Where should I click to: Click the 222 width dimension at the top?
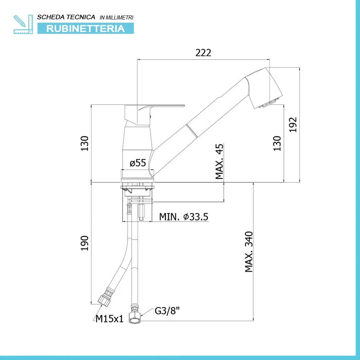click(203, 53)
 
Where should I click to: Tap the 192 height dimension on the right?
click(293, 124)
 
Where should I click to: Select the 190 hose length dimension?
click(84, 243)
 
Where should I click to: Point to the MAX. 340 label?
click(249, 251)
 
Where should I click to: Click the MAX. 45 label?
click(219, 161)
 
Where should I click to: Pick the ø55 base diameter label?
click(138, 163)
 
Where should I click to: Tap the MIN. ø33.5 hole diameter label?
click(184, 217)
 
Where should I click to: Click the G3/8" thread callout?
click(167, 311)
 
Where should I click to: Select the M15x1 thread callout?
click(109, 319)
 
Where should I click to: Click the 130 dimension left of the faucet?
click(84, 143)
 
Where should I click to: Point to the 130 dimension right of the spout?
click(277, 143)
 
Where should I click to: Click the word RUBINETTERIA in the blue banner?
click(85, 29)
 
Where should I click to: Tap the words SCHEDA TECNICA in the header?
click(66, 17)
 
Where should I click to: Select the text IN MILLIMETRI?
click(116, 17)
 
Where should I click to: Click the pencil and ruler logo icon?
click(23, 24)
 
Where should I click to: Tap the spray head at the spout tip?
click(264, 88)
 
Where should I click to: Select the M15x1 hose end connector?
click(105, 298)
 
